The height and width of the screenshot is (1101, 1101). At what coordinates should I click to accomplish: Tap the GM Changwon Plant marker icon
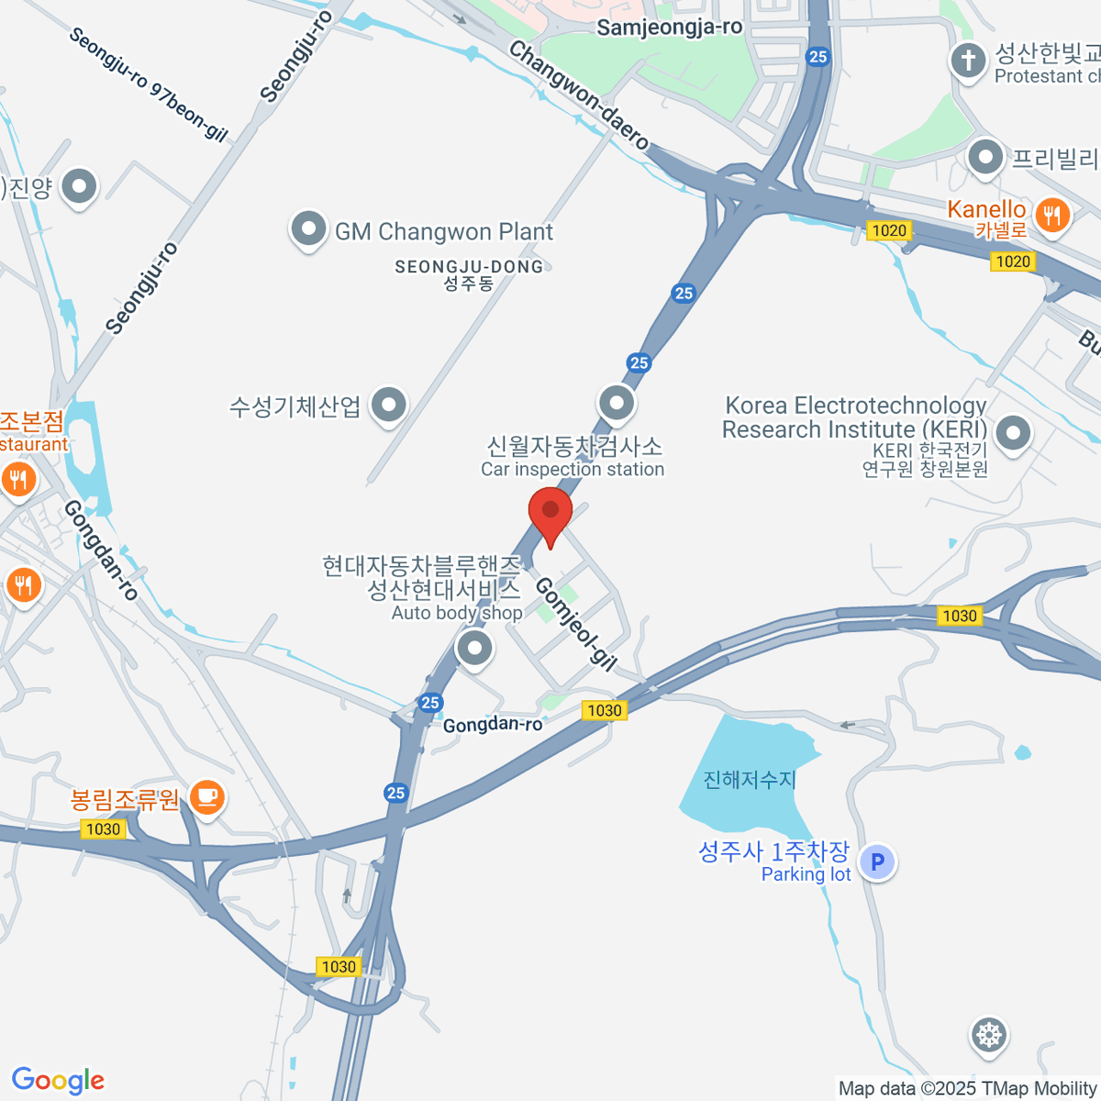click(x=308, y=229)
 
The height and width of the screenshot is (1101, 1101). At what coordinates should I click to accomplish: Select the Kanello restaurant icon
click(x=1051, y=217)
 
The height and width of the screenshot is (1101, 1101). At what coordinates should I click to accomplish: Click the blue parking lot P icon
click(x=878, y=862)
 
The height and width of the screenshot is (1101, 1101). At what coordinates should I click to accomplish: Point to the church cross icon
click(x=968, y=61)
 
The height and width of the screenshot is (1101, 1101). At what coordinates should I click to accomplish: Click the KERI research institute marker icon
click(x=1013, y=434)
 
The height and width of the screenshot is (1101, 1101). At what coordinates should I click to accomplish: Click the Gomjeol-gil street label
click(x=575, y=623)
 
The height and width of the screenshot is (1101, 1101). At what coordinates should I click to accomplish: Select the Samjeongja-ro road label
click(x=669, y=28)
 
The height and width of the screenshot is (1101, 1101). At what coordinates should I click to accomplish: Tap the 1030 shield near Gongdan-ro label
click(x=604, y=709)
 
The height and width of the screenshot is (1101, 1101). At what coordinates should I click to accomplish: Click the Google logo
click(x=59, y=1081)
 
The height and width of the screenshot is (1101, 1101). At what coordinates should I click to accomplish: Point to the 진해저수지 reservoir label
click(x=750, y=779)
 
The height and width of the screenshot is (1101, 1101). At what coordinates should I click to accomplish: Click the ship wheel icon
click(x=989, y=1035)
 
